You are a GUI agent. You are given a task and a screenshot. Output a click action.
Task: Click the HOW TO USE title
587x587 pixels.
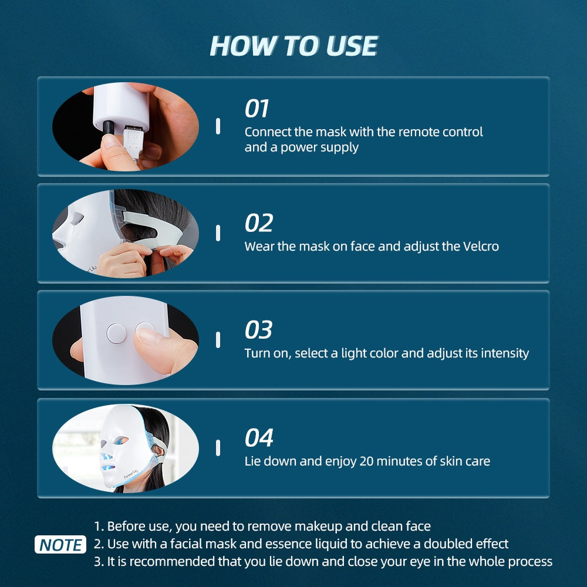click(293, 46)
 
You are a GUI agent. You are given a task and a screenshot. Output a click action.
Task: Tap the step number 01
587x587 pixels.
click(257, 109)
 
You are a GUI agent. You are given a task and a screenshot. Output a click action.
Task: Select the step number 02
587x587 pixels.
click(258, 223)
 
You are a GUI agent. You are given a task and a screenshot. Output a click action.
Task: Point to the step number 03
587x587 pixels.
click(258, 330)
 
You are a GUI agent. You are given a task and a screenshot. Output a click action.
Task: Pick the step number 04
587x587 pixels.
click(259, 438)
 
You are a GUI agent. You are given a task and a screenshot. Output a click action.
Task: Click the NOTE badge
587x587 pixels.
click(60, 545)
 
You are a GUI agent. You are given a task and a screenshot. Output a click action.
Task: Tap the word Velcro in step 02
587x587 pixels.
click(480, 247)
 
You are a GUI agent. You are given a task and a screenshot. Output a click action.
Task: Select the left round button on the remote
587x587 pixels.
click(116, 333)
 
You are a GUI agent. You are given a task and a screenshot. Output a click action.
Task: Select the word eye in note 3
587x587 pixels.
click(409, 562)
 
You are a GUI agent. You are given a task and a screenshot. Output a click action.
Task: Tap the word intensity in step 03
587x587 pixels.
click(505, 353)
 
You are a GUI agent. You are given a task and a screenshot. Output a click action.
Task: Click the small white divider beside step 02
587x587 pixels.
click(218, 233)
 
